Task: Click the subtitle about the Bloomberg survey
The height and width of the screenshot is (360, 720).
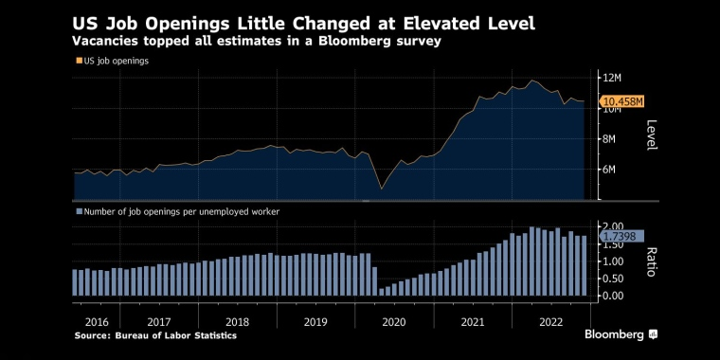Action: coord(256,42)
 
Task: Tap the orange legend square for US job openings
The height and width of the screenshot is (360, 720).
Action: coord(79,61)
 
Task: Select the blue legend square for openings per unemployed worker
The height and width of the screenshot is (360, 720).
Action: coord(79,211)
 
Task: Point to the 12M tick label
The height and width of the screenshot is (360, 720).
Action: coord(612,78)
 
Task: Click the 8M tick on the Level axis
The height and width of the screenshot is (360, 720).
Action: coord(609,139)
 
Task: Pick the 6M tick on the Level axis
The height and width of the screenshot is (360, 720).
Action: coord(609,170)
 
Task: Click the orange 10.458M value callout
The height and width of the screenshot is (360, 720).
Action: coord(621,102)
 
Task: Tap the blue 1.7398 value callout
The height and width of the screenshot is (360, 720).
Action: coord(621,237)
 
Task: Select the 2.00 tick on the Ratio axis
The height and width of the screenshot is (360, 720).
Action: coord(613,225)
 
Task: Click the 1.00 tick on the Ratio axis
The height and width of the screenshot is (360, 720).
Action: coord(613,261)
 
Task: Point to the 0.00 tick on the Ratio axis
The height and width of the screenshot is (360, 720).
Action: coord(613,296)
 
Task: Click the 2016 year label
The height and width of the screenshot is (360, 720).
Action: coord(97,322)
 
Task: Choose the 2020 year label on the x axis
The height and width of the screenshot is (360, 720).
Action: coord(394,322)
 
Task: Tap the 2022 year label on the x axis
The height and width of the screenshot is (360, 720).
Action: coord(550,322)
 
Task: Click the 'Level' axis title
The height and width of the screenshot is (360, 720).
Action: coord(652,135)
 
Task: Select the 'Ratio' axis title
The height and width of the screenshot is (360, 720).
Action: coord(652,262)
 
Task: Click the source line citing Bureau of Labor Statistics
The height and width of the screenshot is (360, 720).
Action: coord(155,335)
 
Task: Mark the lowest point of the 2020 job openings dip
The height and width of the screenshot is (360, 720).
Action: coord(381,189)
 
